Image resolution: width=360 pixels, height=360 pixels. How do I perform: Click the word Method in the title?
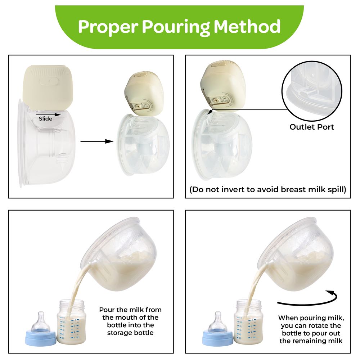[x=247, y=26]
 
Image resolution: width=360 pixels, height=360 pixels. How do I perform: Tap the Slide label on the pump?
[x=45, y=119]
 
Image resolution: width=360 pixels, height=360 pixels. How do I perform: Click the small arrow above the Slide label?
[x=49, y=114]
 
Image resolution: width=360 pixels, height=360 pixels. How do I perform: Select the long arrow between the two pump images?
[x=97, y=141]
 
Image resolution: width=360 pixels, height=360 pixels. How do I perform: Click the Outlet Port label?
[x=311, y=127]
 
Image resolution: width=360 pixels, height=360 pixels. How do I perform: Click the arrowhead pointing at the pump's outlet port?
[x=210, y=112]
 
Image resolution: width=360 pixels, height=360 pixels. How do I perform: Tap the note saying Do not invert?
[x=268, y=190]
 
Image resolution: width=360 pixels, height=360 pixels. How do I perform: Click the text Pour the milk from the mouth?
[x=130, y=314]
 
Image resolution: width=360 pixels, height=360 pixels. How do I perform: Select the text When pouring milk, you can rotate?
[x=311, y=322]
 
